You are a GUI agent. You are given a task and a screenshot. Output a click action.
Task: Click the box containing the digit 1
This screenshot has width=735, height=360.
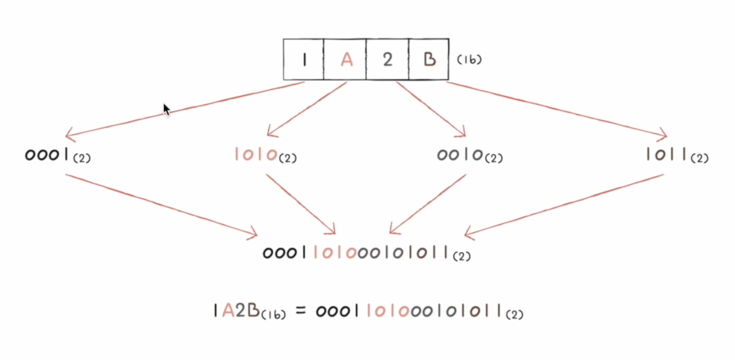[303, 59]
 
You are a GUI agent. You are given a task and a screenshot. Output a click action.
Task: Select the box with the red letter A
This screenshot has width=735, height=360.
[345, 59]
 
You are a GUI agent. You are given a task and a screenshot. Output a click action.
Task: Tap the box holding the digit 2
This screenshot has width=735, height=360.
[387, 59]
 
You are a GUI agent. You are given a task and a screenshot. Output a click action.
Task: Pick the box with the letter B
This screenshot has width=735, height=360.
[429, 59]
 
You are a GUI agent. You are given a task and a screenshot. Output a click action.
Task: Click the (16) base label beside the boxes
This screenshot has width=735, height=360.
[469, 59]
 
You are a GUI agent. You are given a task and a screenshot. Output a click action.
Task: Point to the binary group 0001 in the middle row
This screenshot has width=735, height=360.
[47, 154]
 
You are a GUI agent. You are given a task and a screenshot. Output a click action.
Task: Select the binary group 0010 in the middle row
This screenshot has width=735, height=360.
[460, 154]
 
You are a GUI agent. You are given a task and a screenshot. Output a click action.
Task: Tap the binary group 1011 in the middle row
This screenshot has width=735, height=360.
[667, 154]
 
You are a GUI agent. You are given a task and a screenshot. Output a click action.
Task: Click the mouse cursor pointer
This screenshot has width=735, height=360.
[166, 109]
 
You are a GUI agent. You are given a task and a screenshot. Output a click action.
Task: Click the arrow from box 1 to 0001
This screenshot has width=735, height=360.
[185, 109]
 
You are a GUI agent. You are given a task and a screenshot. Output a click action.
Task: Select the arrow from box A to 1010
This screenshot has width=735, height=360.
[307, 109]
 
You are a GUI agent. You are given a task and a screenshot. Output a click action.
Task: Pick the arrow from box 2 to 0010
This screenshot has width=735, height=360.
[431, 109]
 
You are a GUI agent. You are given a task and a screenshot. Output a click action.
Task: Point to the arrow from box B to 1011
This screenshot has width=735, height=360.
[556, 109]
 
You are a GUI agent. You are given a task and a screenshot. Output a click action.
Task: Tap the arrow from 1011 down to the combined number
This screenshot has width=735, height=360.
[564, 205]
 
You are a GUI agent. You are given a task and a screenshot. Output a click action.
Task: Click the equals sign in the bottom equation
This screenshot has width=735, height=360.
[301, 311]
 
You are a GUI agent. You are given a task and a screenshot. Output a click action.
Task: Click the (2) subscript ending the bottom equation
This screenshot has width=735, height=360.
[514, 315]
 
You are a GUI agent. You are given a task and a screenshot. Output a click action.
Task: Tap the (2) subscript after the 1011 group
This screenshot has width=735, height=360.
[700, 158]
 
